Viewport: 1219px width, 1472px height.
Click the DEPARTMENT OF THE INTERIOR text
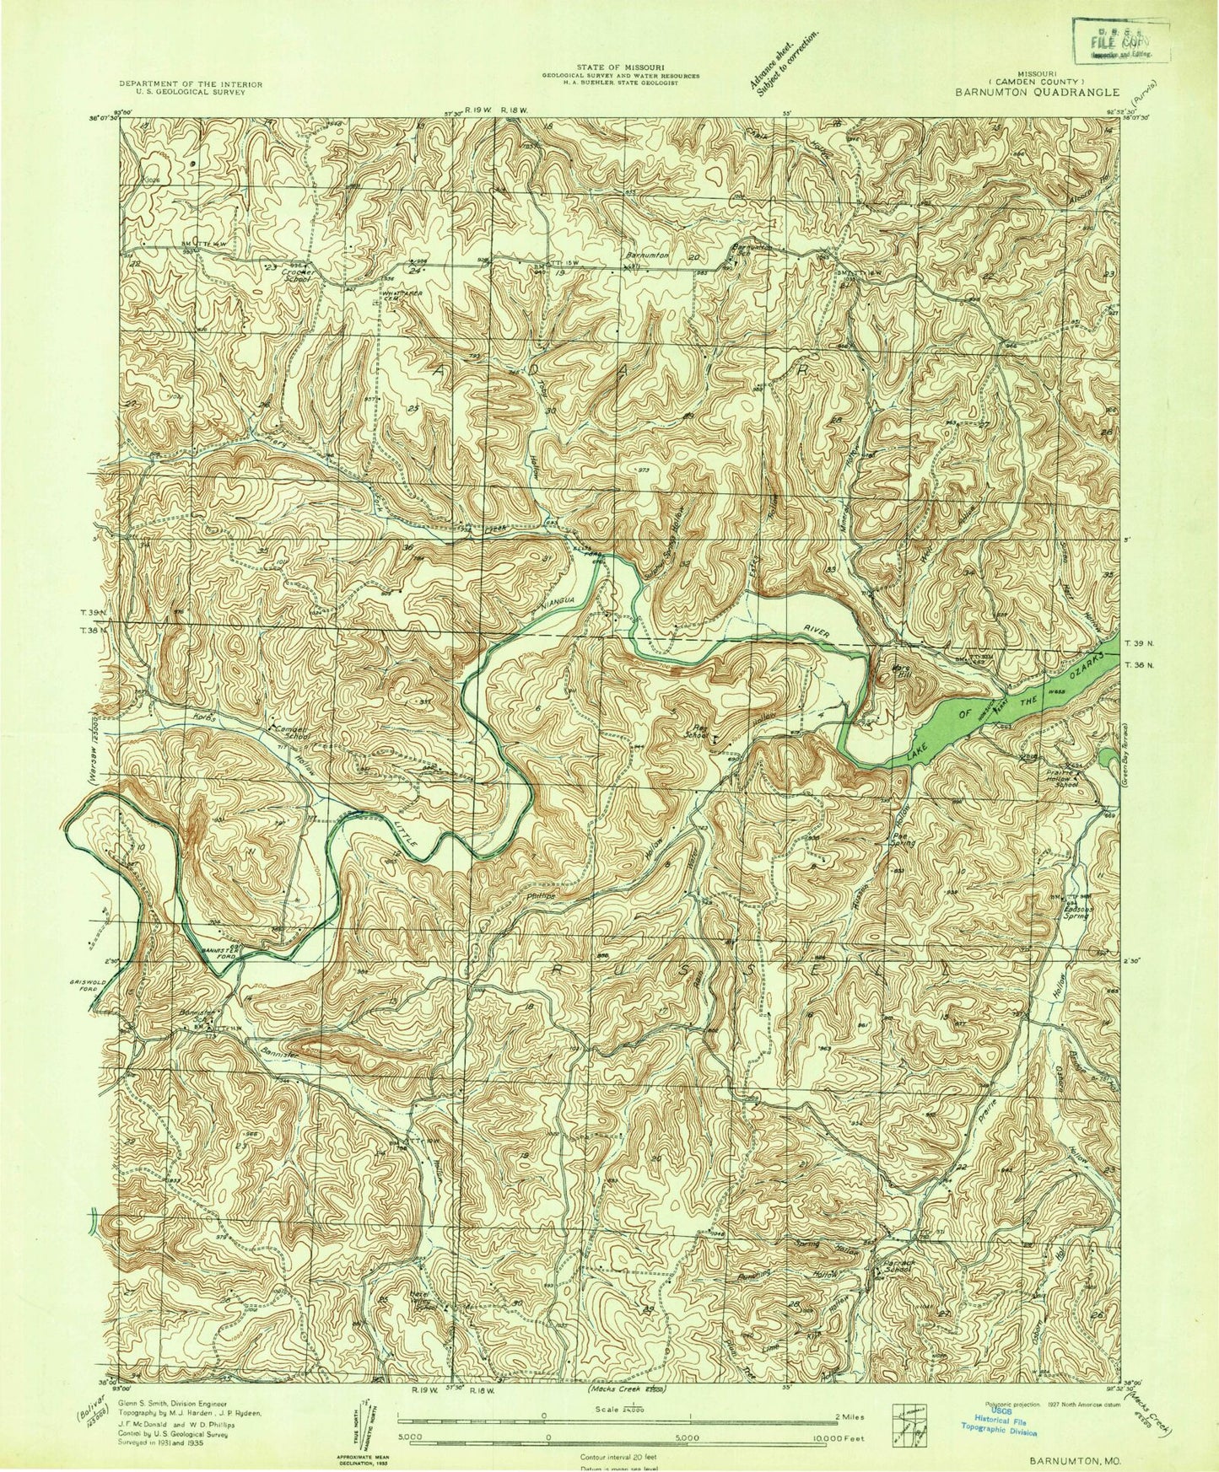coord(191,84)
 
